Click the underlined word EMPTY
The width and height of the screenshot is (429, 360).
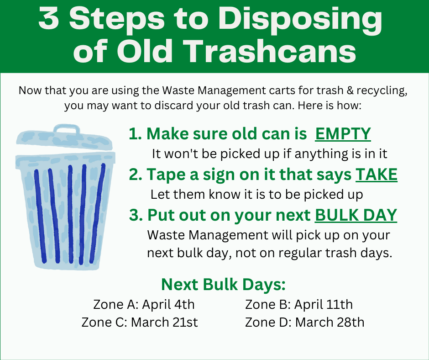(343, 134)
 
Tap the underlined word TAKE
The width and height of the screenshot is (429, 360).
(376, 175)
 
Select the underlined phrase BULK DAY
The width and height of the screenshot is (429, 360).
(356, 215)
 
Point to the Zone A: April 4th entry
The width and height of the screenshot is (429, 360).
(144, 304)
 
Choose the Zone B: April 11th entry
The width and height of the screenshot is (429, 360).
(299, 304)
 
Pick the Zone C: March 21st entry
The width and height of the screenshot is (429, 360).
(140, 322)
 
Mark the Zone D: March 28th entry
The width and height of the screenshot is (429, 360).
(304, 322)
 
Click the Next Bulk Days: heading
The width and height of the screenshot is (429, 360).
(223, 285)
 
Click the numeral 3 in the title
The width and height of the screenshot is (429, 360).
(49, 20)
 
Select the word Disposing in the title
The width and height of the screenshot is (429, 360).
(304, 20)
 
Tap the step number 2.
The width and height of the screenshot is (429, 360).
(134, 175)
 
